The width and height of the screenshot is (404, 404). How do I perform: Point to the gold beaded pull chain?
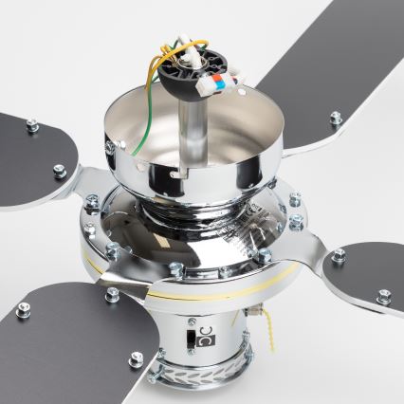(275, 327)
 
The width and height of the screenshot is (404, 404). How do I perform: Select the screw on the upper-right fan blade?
(336, 119)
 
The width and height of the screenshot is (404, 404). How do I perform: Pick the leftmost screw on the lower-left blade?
(24, 308)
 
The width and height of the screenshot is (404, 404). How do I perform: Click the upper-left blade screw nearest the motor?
(61, 171)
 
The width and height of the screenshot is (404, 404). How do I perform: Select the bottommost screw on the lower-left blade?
(137, 358)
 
